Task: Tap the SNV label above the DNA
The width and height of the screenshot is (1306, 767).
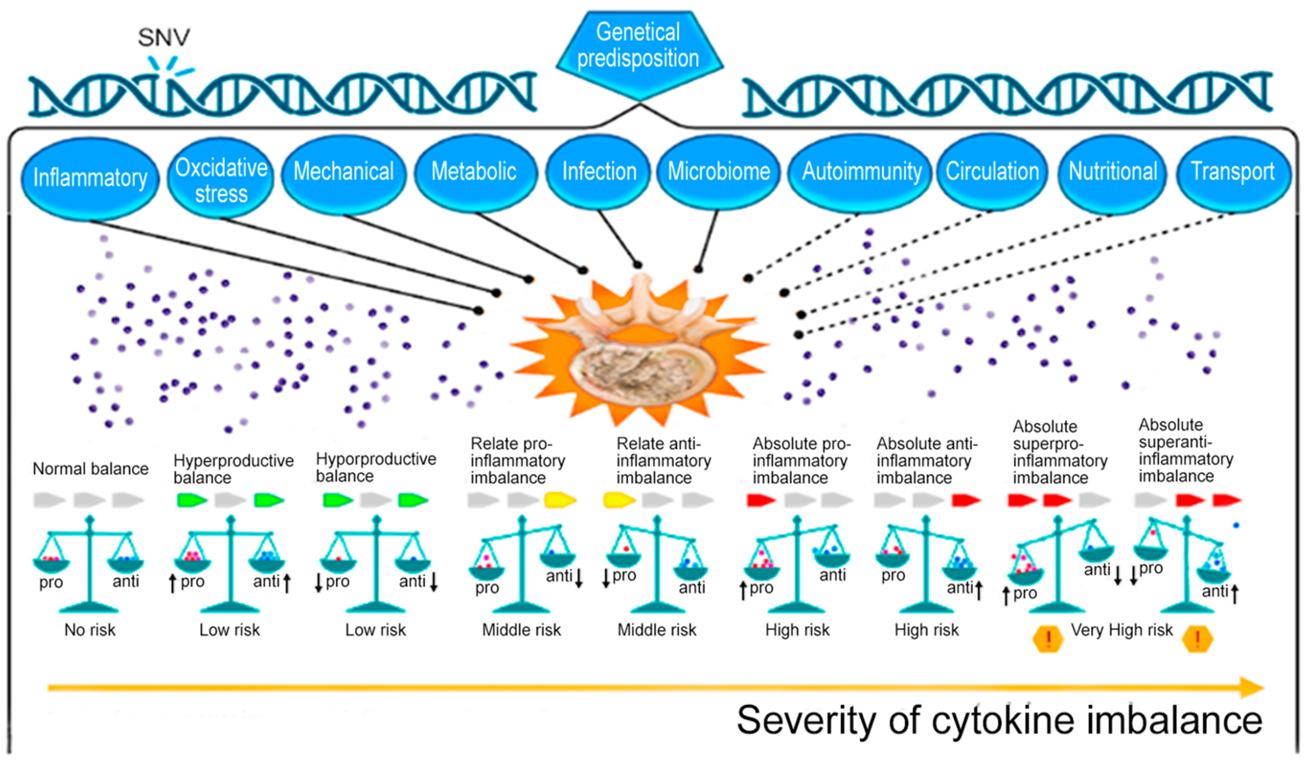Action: [164, 37]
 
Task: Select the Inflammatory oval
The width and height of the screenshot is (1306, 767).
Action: [90, 178]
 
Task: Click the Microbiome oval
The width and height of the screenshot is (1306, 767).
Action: [718, 171]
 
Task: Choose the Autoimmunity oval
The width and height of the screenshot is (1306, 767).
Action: [861, 171]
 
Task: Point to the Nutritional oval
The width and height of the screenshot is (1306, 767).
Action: [1113, 171]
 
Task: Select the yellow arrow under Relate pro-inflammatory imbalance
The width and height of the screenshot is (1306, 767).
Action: [560, 500]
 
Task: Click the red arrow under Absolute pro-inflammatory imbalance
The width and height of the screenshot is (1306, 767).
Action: [761, 500]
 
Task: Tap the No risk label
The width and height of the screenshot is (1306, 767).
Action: [90, 630]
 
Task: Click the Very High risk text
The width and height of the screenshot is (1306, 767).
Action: [1122, 630]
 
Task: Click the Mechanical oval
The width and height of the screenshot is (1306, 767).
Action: [344, 171]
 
